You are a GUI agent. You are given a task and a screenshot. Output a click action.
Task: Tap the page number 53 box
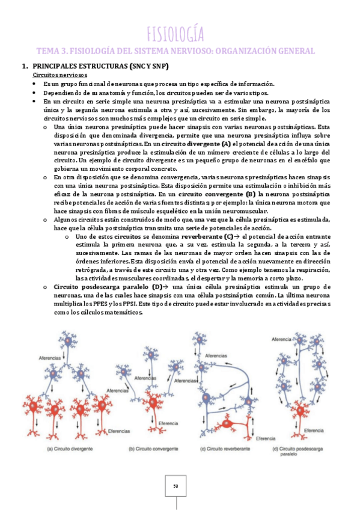176,485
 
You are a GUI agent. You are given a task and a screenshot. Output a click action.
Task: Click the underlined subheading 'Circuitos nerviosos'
59,75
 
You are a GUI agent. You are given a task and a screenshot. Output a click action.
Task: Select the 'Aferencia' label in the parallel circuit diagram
284,339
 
